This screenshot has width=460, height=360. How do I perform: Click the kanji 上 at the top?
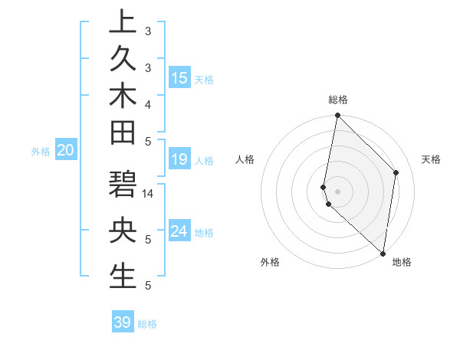[x=123, y=21]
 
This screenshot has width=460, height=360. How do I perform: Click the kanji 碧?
[x=123, y=187]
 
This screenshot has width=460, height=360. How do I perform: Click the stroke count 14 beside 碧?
[x=149, y=194]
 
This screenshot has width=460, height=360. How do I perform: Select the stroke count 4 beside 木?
[x=148, y=104]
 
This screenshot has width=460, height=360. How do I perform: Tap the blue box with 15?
[x=179, y=78]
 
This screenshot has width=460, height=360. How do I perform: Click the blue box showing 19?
[x=179, y=159]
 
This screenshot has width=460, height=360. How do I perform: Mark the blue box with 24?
[x=179, y=231]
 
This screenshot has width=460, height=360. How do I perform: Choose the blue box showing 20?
[x=65, y=151]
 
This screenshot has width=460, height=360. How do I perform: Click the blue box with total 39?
[x=123, y=322]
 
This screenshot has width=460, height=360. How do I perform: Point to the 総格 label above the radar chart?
[x=338, y=100]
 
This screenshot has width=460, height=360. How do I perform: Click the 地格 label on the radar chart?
[x=402, y=262]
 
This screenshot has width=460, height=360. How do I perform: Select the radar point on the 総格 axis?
[x=337, y=116]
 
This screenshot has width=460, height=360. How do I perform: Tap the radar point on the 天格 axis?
[x=396, y=172]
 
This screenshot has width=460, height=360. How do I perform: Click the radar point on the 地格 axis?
[x=383, y=254]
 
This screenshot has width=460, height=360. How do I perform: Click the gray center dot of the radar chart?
[x=337, y=191]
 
